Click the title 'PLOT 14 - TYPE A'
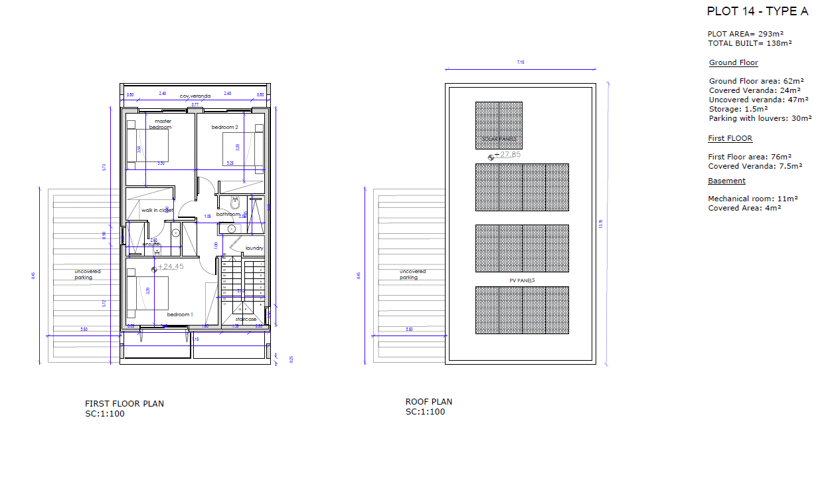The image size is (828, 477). [x=758, y=11]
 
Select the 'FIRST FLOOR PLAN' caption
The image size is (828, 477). [x=124, y=404]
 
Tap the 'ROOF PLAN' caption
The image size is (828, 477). [x=429, y=402]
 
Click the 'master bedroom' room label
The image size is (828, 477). [x=163, y=124]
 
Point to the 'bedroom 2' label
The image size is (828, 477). [x=224, y=127]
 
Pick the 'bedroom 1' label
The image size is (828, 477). [x=180, y=314]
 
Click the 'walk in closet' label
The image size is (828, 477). [x=157, y=211]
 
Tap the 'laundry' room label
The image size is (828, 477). [x=254, y=248]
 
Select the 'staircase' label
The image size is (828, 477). [x=246, y=320]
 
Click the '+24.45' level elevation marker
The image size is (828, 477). [x=169, y=267]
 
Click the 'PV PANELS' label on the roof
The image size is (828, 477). [x=522, y=281]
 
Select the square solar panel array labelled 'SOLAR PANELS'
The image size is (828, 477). [x=499, y=125]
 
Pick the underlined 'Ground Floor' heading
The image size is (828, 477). [x=733, y=62]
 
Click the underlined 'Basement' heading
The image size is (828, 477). [x=726, y=181]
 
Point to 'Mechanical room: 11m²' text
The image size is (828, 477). [x=752, y=199]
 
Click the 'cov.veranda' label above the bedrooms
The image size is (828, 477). [x=195, y=96]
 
